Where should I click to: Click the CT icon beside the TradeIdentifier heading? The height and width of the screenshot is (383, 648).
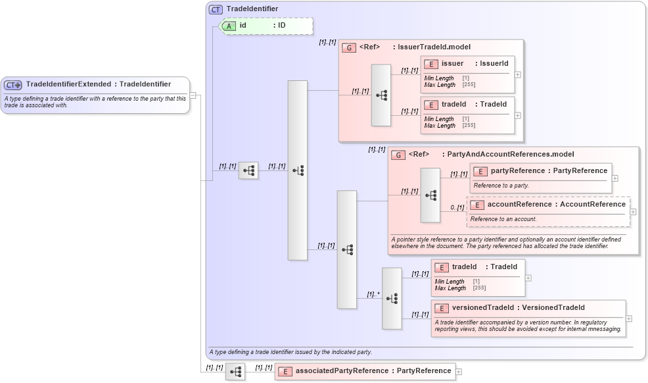216,9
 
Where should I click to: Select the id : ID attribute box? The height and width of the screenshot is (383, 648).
266,26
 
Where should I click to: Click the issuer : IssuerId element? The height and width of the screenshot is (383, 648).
467,64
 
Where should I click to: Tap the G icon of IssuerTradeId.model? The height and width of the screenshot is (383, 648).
349,47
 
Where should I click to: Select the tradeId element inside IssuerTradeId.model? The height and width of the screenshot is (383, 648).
467,105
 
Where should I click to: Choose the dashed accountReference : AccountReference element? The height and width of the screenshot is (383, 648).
548,205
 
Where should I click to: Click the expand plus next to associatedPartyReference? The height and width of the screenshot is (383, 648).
459,372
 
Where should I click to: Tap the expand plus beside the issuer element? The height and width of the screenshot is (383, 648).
518,74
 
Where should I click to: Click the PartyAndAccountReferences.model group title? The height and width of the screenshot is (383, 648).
510,155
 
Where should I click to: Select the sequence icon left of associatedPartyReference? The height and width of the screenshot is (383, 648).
235,372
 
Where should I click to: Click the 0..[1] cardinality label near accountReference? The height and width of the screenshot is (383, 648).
457,208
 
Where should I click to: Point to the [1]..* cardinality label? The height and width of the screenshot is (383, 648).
373,294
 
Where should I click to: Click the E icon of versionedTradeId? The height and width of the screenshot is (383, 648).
442,308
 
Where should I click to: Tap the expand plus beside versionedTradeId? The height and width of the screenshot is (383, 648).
629,319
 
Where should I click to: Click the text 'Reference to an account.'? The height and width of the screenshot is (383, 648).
503,219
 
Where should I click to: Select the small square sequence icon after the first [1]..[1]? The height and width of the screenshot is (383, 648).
248,170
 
